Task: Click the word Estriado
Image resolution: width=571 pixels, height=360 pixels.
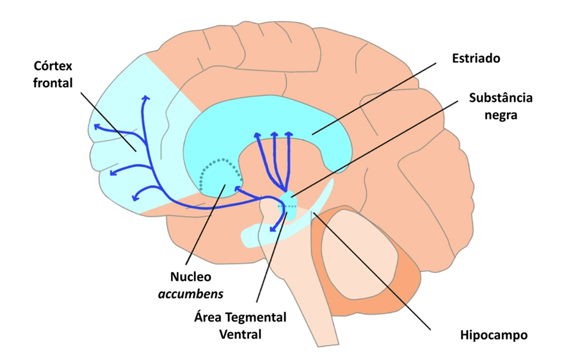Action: pos(475,58)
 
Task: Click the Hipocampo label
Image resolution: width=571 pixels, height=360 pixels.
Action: pos(493,334)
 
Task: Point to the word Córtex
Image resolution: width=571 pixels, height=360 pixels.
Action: pos(54,66)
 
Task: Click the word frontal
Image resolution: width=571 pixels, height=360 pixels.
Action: pos(53,83)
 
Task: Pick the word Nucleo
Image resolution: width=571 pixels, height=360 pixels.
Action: pos(191,277)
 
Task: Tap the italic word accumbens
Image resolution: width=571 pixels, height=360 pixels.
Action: pos(191,295)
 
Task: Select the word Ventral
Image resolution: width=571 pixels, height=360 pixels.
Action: pos(241,334)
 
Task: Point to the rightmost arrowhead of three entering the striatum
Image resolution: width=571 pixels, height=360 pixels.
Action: pos(289,135)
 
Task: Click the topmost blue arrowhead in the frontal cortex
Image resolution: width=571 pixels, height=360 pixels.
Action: pos(145,98)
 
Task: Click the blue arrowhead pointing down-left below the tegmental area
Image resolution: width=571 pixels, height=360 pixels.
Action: pos(271,228)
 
